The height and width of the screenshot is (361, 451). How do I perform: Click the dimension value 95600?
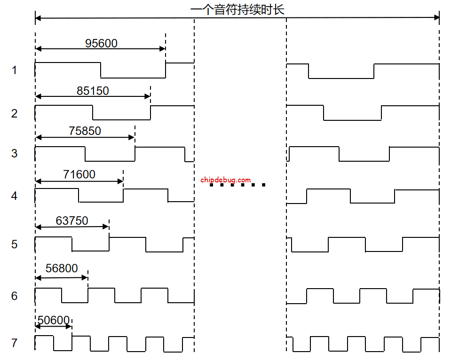click(101, 43)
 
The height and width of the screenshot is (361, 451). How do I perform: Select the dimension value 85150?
click(93, 91)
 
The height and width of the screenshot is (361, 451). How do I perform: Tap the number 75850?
click(85, 131)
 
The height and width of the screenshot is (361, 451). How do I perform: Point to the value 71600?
click(79, 175)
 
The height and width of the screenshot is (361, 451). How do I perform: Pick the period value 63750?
click(71, 220)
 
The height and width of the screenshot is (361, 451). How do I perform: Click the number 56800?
click(62, 268)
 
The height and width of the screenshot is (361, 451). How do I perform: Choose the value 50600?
click(53, 321)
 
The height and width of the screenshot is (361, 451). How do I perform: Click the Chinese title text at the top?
click(237, 9)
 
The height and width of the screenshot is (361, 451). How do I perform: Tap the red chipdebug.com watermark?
click(225, 180)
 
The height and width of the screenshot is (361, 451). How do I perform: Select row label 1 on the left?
click(14, 71)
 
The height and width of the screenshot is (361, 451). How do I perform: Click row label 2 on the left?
click(14, 113)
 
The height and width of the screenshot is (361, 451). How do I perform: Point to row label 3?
click(14, 154)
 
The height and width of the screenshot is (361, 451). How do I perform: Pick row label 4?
click(14, 196)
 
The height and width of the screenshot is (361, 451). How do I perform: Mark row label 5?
click(14, 244)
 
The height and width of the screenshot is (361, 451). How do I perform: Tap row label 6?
click(14, 296)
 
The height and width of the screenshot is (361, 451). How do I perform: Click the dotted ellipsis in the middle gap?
click(237, 185)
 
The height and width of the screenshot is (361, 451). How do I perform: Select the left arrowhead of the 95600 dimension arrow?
click(38, 48)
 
